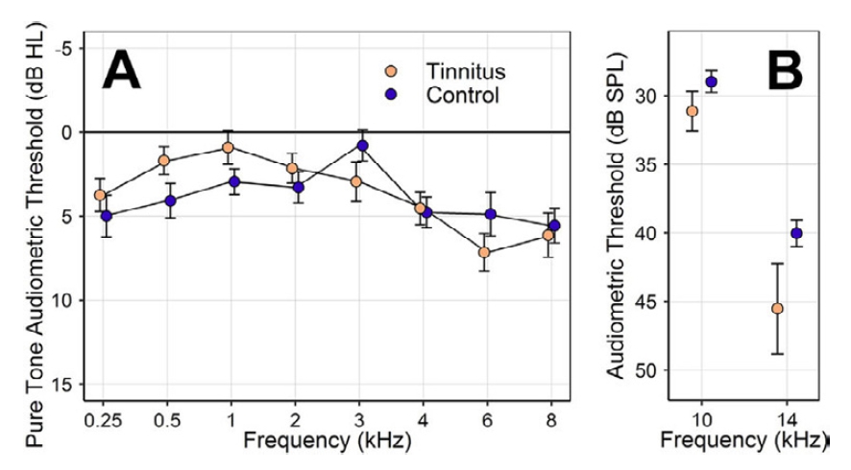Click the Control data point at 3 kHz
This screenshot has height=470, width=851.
(x=362, y=146)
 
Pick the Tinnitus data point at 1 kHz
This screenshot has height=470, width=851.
(x=228, y=148)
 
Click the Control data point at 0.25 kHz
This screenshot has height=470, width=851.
(x=107, y=216)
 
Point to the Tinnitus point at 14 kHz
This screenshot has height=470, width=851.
(x=777, y=309)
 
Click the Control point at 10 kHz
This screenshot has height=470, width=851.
(x=712, y=82)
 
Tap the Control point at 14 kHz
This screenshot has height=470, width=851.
(x=796, y=233)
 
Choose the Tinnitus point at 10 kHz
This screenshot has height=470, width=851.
(x=692, y=111)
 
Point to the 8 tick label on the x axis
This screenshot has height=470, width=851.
(x=549, y=422)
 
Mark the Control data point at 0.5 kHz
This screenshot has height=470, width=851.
(x=170, y=200)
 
